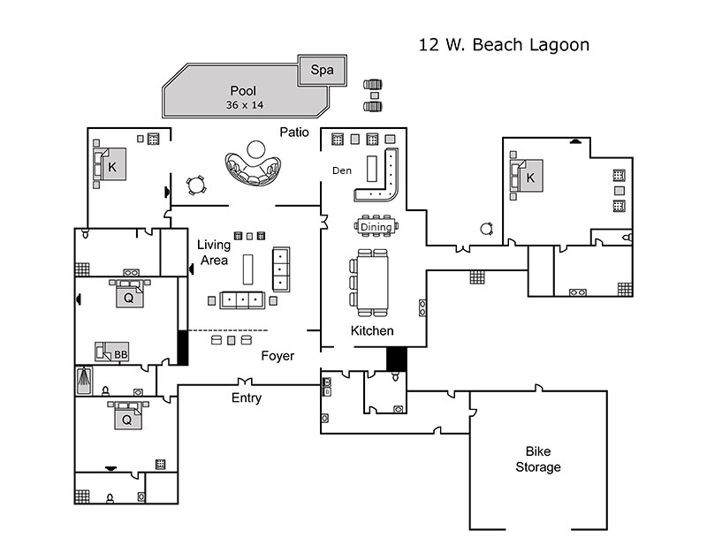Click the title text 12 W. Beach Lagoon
503,44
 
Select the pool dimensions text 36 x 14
245,105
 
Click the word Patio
294,132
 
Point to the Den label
342,170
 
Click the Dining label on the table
376,227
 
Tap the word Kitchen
372,330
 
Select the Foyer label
277,356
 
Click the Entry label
247,397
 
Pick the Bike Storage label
538,459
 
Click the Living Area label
213,252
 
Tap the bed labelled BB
113,352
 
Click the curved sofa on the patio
253,170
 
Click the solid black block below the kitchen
396,358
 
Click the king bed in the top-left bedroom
110,164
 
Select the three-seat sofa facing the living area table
240,299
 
